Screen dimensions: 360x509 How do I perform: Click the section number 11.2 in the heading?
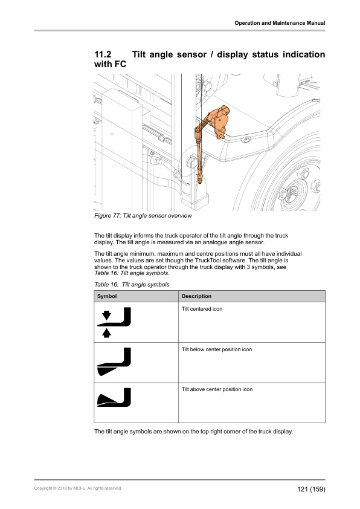click(x=103, y=54)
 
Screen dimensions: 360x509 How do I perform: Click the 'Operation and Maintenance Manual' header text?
click(x=280, y=23)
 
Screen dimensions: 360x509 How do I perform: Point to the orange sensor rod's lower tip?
click(x=201, y=183)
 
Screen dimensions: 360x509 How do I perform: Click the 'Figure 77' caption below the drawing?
click(x=143, y=216)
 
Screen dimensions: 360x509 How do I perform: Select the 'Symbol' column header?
click(x=107, y=296)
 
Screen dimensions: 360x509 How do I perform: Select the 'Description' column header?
click(x=196, y=296)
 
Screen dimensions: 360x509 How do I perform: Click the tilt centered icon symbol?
click(x=114, y=322)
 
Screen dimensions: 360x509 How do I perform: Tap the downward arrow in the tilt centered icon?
click(x=106, y=315)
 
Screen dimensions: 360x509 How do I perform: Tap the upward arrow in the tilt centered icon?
click(x=106, y=333)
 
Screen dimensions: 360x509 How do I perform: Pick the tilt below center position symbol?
click(x=114, y=361)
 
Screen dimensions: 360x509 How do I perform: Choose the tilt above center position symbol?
click(x=114, y=397)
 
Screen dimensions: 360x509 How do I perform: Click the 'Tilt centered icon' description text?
click(x=202, y=309)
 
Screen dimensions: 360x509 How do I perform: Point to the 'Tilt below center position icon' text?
click(x=217, y=349)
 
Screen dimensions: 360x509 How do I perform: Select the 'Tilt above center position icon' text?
click(x=217, y=389)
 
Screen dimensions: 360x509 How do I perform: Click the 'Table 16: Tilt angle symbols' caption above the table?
click(x=132, y=285)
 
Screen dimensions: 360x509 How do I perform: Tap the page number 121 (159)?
click(x=311, y=489)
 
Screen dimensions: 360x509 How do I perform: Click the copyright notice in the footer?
click(x=78, y=488)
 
